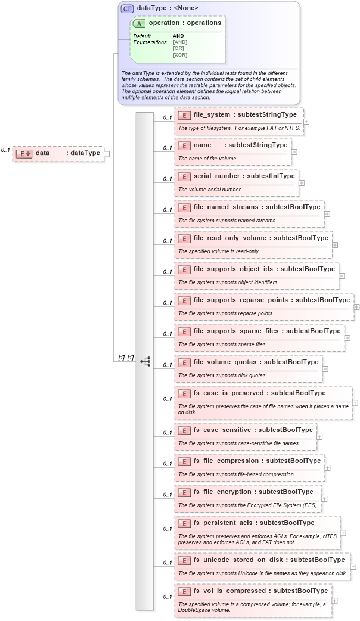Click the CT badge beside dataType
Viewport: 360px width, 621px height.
pyautogui.click(x=127, y=9)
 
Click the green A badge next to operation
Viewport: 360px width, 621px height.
pyautogui.click(x=139, y=23)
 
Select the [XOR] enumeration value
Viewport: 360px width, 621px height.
pyautogui.click(x=180, y=55)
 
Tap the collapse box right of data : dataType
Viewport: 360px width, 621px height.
pyautogui.click(x=106, y=153)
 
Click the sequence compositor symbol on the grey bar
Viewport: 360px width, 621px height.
pyautogui.click(x=145, y=361)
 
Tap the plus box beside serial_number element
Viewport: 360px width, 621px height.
pyautogui.click(x=302, y=183)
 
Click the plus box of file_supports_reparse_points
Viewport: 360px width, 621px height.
pyautogui.click(x=356, y=307)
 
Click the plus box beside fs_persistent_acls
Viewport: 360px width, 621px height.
pyautogui.click(x=343, y=533)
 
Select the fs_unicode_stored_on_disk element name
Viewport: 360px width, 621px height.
pyautogui.click(x=240, y=560)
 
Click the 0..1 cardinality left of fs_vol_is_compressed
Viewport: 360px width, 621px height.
pyautogui.click(x=167, y=597)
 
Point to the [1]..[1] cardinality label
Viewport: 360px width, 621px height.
pyautogui.click(x=126, y=358)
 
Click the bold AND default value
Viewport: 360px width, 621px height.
pyautogui.click(x=179, y=36)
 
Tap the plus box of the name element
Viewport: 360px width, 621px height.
pyautogui.click(x=294, y=152)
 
